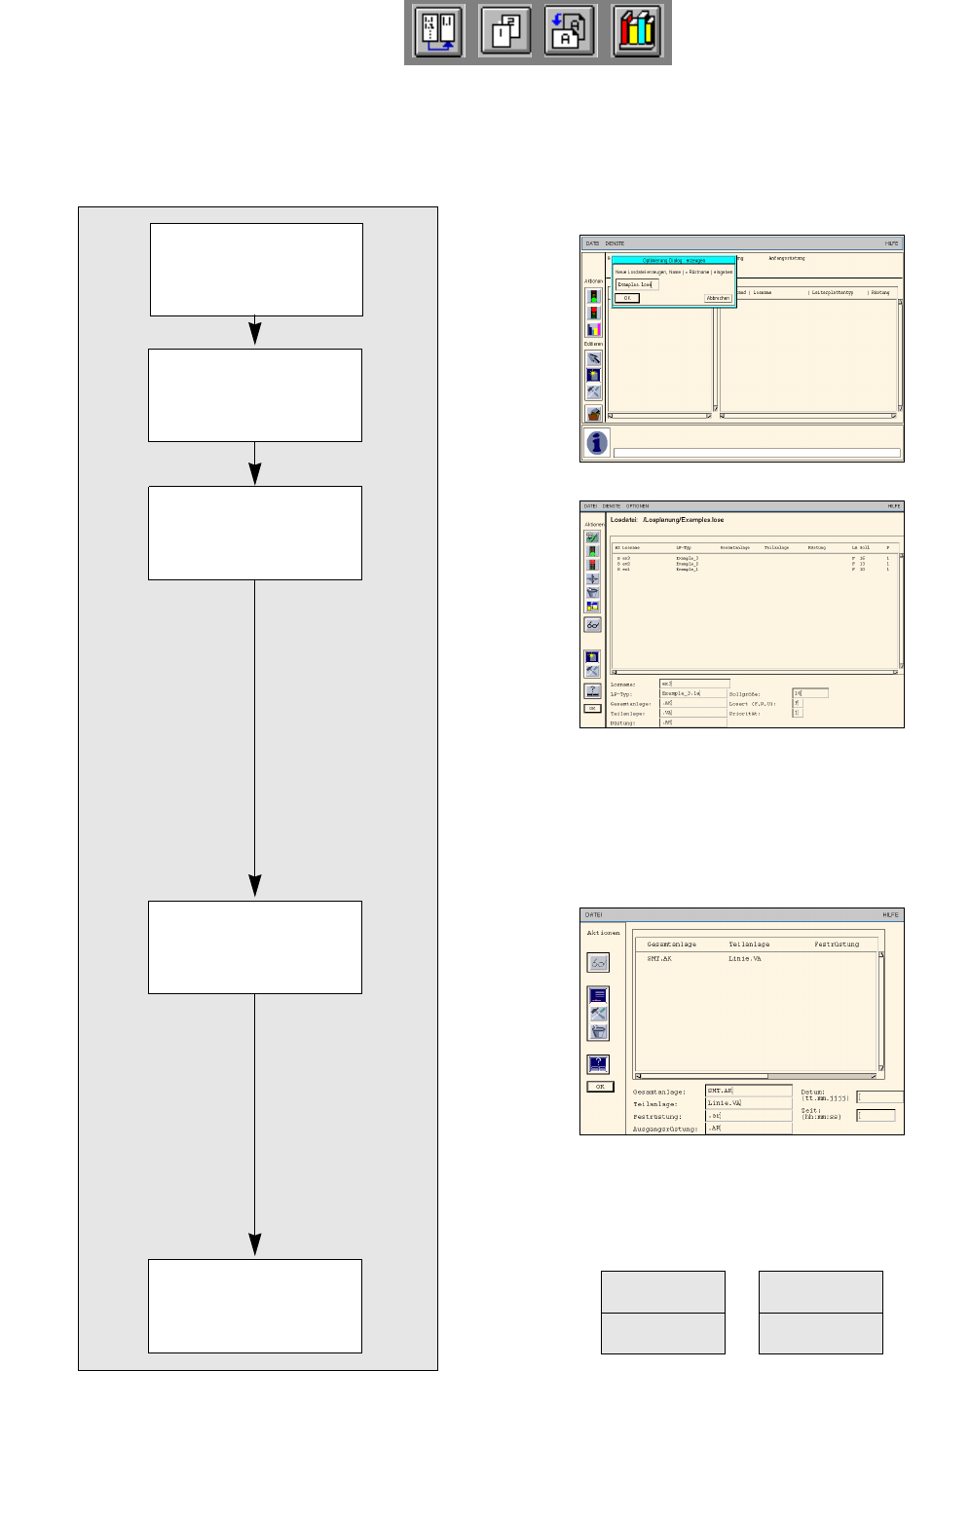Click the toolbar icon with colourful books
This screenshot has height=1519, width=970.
click(x=637, y=32)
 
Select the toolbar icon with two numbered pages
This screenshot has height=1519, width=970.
click(x=504, y=32)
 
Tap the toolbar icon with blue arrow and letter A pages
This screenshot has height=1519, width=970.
click(x=570, y=32)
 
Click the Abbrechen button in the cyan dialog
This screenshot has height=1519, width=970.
click(x=718, y=298)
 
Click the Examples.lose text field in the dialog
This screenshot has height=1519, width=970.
click(x=637, y=284)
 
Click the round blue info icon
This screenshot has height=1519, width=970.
click(x=597, y=443)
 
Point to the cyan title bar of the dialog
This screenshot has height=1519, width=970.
click(x=674, y=260)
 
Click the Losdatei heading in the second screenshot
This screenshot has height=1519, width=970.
click(x=667, y=520)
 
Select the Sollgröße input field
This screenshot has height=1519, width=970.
click(x=810, y=693)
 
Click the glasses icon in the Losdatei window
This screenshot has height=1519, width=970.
click(x=592, y=624)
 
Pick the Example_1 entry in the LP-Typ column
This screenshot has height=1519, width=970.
click(x=687, y=569)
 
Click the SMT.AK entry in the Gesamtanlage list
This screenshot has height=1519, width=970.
click(x=659, y=959)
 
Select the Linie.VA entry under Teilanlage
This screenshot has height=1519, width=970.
click(x=745, y=959)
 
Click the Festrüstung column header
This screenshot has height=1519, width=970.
click(x=837, y=944)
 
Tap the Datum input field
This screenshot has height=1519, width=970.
click(x=879, y=1096)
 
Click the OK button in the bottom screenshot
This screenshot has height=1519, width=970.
click(x=600, y=1087)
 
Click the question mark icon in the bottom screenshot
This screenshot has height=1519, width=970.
click(x=598, y=1063)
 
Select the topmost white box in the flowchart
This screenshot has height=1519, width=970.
click(x=256, y=270)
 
